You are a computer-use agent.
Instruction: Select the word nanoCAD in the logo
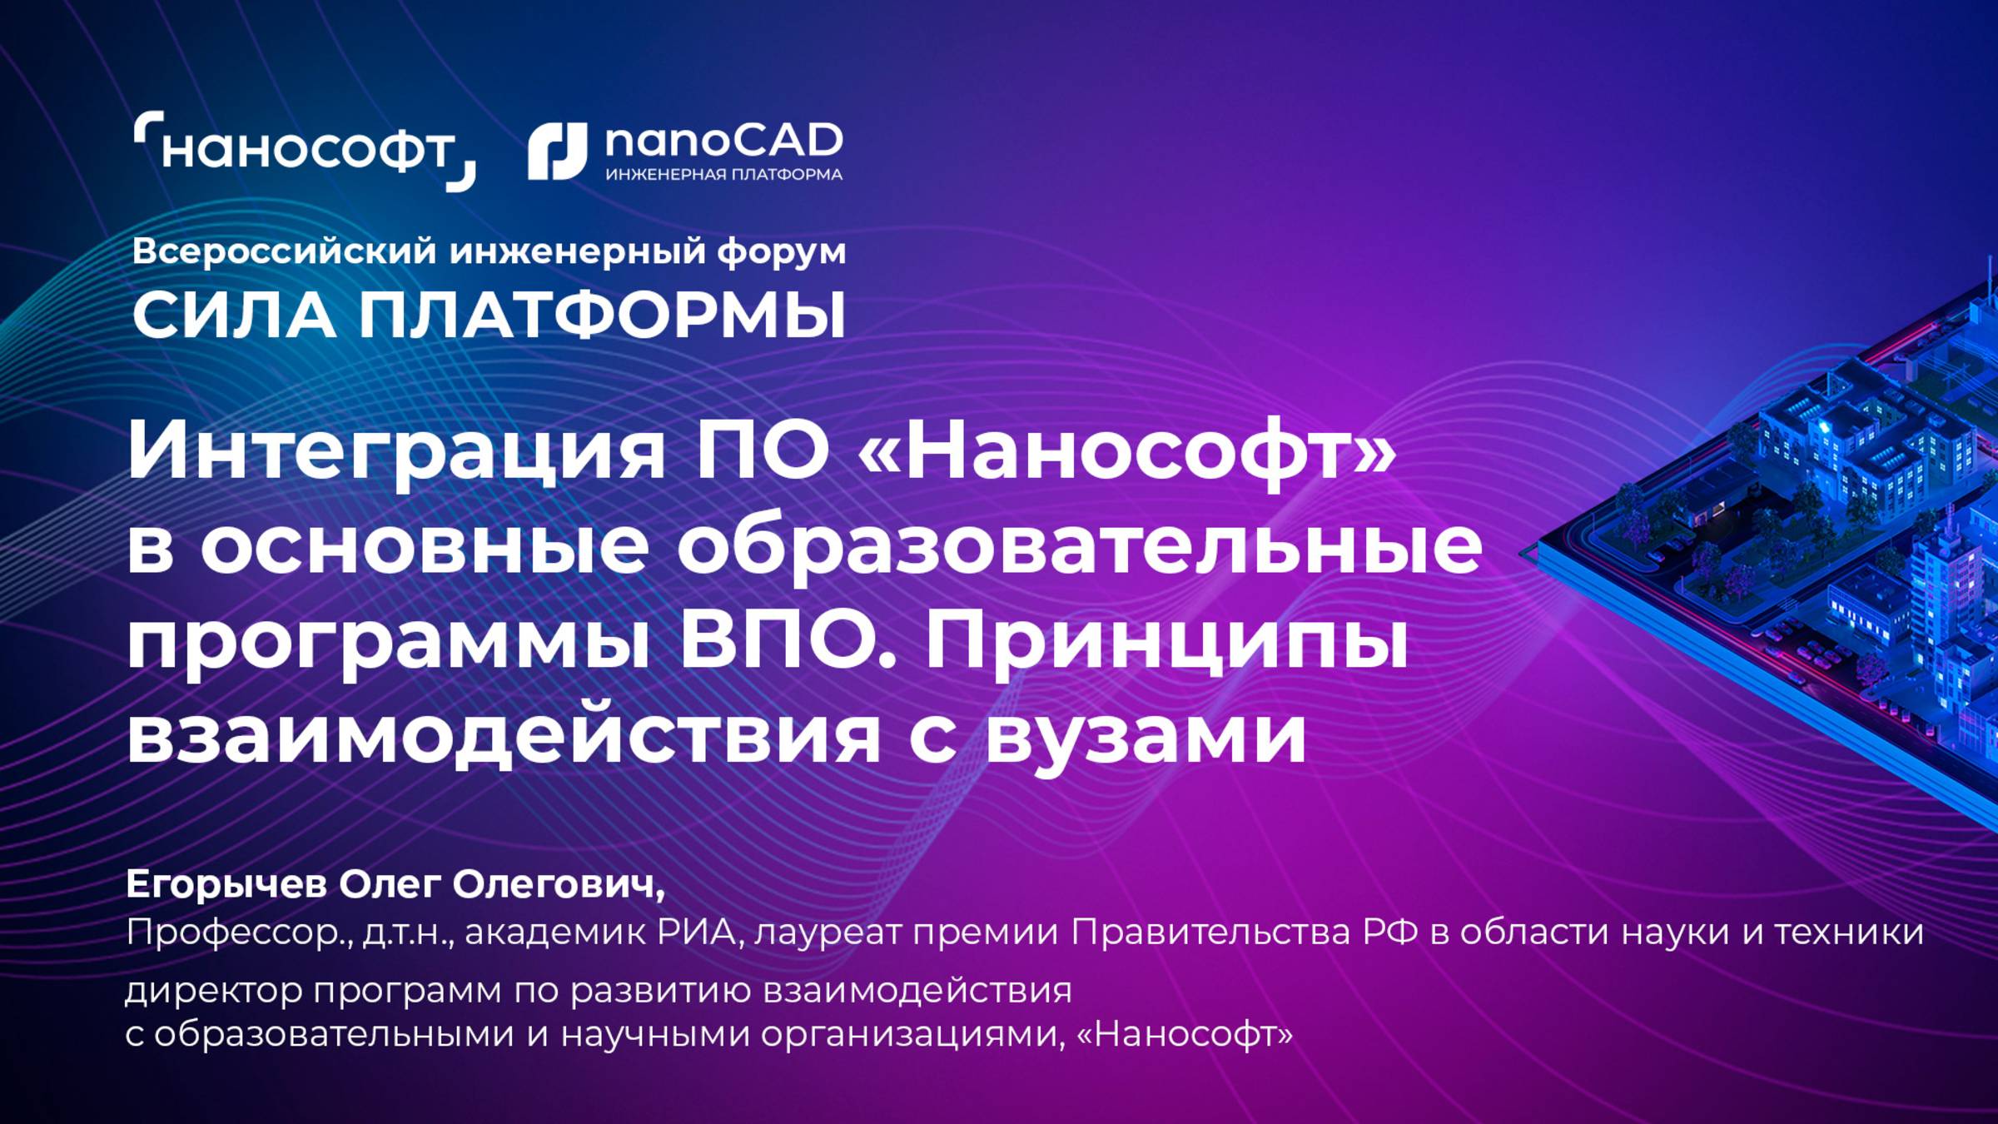[723, 142]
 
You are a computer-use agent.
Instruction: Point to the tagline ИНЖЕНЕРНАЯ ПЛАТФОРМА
[723, 175]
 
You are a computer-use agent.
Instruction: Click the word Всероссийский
[284, 251]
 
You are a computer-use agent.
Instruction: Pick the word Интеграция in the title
[396, 452]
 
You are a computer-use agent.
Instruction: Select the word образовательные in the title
[1079, 547]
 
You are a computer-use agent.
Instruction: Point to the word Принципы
[1165, 643]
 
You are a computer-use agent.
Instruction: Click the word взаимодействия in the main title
[503, 737]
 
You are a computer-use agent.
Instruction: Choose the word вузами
[1146, 737]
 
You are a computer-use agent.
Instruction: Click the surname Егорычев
[226, 885]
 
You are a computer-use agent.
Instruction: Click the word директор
[214, 991]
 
